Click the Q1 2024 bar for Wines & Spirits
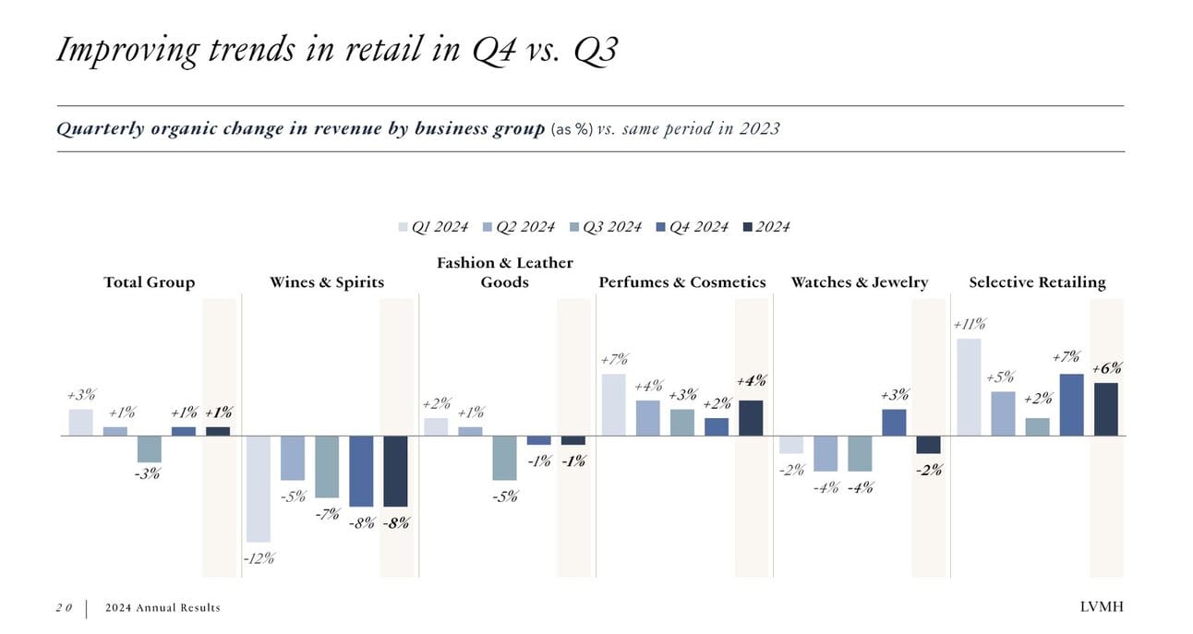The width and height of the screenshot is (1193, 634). pos(258,488)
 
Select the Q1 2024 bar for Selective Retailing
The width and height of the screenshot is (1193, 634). pos(969,387)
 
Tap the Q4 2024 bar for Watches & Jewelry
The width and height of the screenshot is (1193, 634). pos(894,422)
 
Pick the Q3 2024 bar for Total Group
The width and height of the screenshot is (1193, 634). pos(150,449)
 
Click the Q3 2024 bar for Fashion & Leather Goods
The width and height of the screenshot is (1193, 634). pos(504,458)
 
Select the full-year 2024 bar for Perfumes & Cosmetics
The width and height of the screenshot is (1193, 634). pos(751,418)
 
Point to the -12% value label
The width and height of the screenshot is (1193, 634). pos(259,558)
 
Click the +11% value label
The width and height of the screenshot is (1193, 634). pos(969,324)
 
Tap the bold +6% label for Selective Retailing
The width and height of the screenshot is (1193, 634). pos(1106,368)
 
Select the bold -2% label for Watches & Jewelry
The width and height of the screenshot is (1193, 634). pos(929,470)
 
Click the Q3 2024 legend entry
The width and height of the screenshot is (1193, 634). pos(605,227)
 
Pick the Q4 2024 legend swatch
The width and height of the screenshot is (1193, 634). pos(661,227)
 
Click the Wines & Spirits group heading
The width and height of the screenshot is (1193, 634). pos(326,282)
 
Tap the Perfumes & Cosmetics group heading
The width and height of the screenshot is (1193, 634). pos(682,282)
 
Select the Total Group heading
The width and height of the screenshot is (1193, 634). pos(150,282)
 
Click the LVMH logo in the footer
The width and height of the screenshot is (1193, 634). pos(1103,606)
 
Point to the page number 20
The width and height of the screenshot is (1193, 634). pos(64,607)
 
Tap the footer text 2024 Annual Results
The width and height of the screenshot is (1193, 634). pos(163,607)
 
